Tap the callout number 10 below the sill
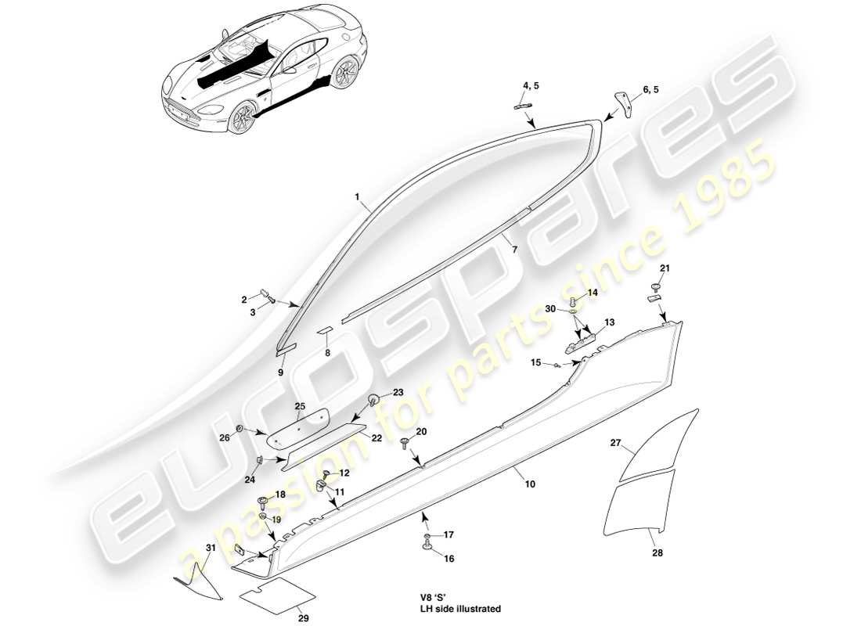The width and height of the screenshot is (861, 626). click(530, 485)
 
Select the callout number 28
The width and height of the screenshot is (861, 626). click(657, 552)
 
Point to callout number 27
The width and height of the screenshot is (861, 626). click(616, 444)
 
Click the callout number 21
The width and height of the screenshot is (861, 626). click(665, 269)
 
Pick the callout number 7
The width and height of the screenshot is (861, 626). click(514, 250)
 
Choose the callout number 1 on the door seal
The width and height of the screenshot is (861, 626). click(357, 199)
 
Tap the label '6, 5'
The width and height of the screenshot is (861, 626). click(650, 90)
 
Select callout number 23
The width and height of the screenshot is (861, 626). click(398, 393)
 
